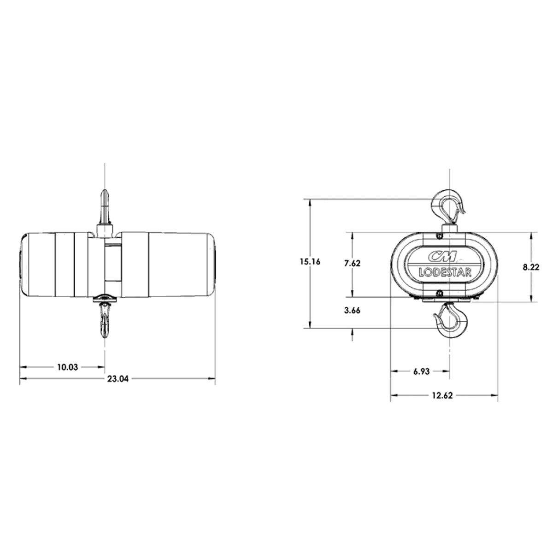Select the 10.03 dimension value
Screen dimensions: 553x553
tap(67, 367)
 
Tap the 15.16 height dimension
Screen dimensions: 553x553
tap(310, 262)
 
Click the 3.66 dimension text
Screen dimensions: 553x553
tap(352, 310)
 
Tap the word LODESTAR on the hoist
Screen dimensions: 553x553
tap(445, 272)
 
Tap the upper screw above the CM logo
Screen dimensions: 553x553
tap(440, 236)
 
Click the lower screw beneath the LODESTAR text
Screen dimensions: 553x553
tap(440, 293)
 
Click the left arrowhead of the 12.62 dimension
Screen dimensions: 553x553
tap(394, 395)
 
